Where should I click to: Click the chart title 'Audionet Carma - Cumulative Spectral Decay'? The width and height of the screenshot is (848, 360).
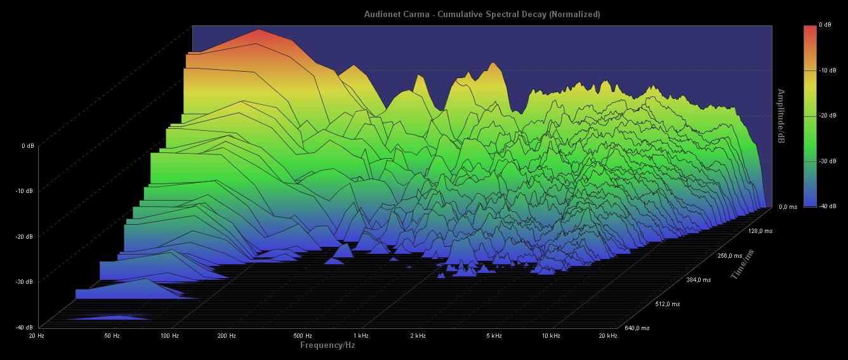482,14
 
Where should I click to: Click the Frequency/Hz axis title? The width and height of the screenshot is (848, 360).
328,345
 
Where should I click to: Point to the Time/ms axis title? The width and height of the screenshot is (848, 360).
742,265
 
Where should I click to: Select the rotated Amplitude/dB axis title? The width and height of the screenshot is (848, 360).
781,116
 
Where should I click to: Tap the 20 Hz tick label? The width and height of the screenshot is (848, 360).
37,335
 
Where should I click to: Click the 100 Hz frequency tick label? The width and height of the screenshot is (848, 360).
169,335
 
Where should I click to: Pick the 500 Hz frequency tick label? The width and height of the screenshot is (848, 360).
303,335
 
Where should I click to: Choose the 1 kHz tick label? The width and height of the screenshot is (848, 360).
361,335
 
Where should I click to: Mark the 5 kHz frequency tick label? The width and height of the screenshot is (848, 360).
494,335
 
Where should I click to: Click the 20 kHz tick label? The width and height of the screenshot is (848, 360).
608,335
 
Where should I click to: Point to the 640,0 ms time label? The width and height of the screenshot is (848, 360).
637,328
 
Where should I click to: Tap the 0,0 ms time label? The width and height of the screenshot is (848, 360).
788,207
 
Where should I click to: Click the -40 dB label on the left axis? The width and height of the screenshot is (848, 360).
25,328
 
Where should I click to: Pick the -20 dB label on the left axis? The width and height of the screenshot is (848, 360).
25,237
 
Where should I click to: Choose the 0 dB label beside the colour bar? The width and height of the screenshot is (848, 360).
825,25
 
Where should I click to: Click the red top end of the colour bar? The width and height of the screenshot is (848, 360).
810,29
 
